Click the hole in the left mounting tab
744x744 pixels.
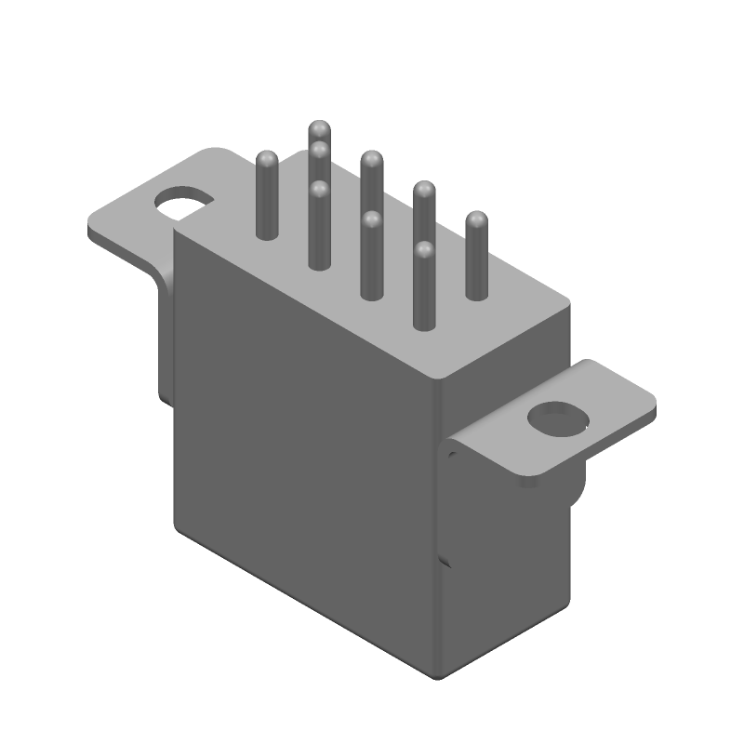[x=183, y=200]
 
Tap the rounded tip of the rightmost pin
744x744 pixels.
[x=476, y=219]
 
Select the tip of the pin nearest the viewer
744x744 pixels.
[x=424, y=249]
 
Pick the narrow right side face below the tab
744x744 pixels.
[x=507, y=567]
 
